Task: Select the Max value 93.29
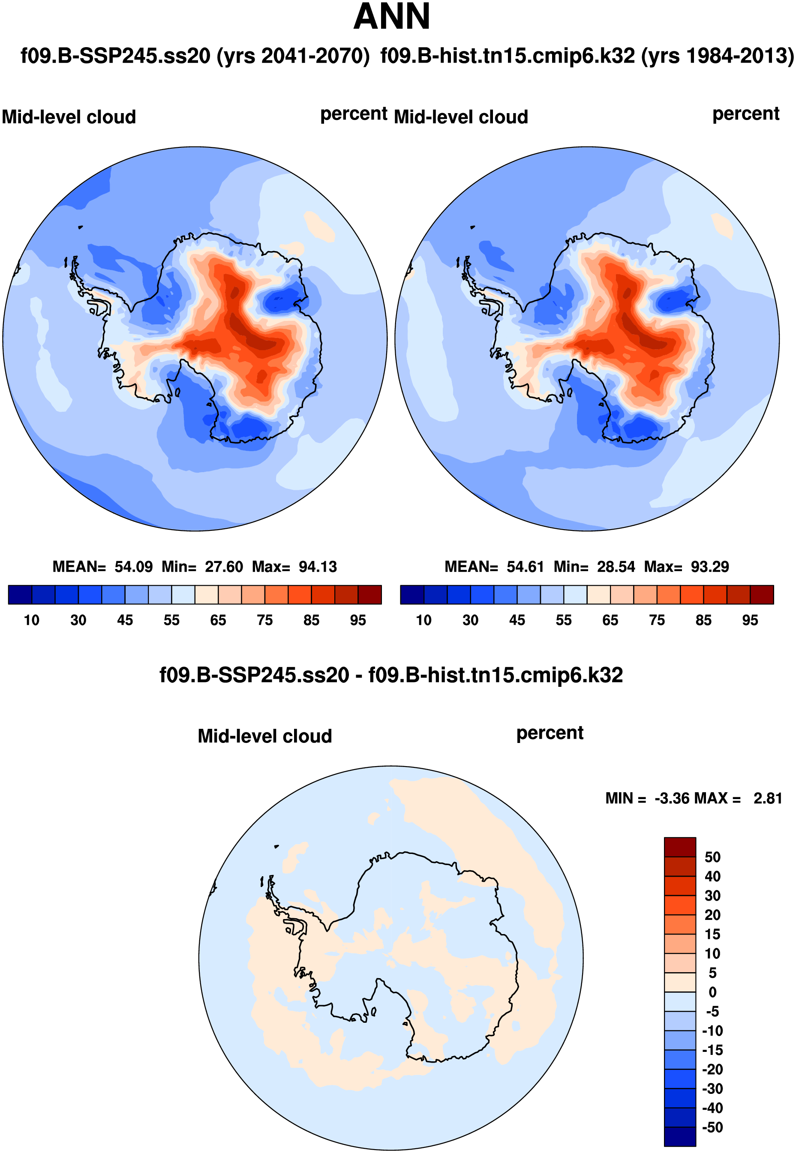709,567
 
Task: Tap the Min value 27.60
224,567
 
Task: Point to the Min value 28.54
616,567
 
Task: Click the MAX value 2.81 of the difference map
767,798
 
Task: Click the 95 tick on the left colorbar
357,620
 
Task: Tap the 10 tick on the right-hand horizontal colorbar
424,620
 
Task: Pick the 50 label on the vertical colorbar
712,857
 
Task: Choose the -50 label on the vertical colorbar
712,1127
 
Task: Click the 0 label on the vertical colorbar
713,992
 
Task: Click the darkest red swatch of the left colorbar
369,595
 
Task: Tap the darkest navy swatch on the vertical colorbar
679,1136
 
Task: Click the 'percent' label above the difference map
550,733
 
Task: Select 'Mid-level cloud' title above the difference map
265,736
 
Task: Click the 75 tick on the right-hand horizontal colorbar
657,620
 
